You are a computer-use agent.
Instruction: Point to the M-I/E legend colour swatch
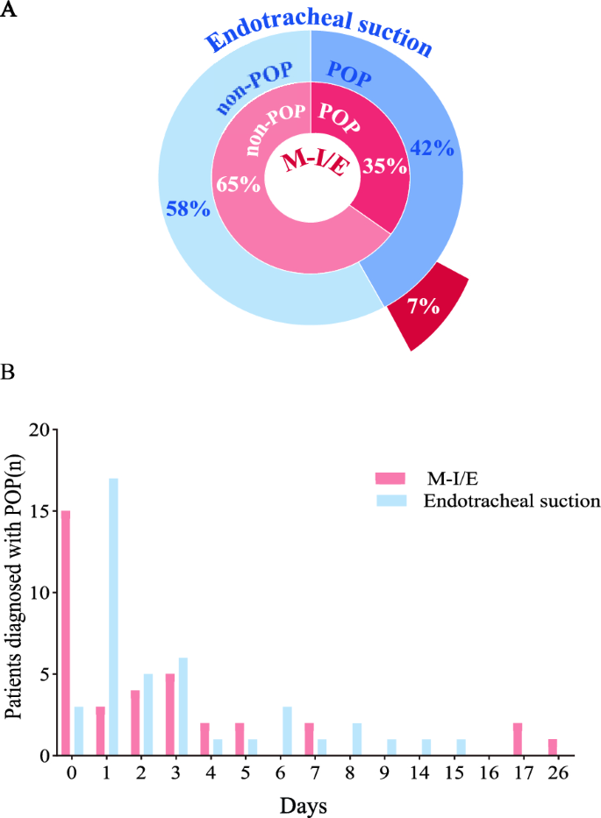[x=388, y=478]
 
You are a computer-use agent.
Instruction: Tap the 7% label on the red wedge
[x=423, y=306]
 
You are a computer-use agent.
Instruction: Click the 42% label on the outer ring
[x=429, y=150]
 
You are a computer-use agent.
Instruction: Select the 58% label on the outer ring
[x=187, y=210]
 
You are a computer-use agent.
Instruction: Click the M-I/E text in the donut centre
[x=313, y=163]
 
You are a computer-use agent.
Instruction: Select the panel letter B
[x=9, y=372]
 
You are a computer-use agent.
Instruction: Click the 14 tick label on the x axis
[x=425, y=774]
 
